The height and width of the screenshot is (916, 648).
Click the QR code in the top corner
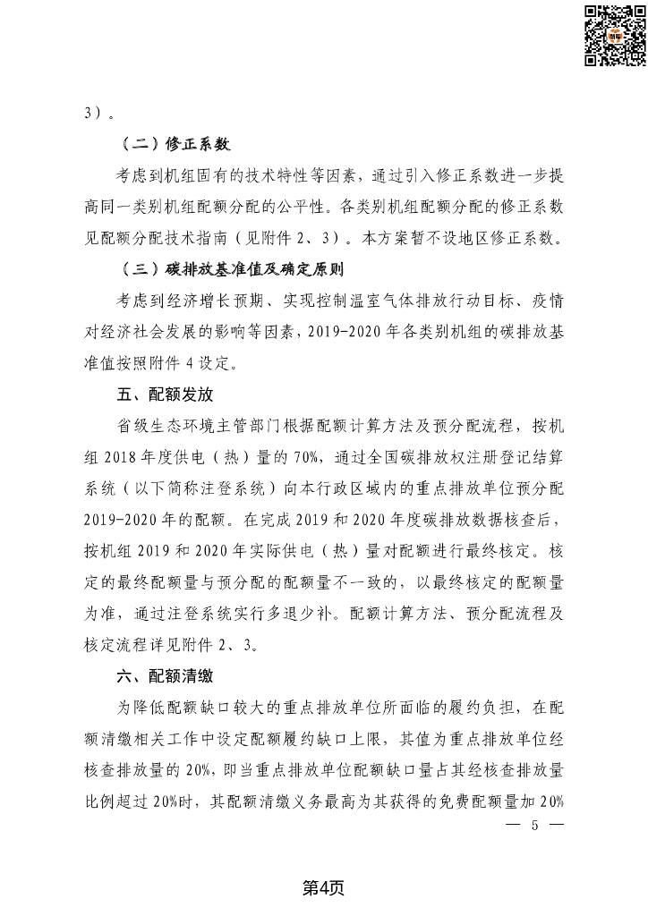[615, 35]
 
